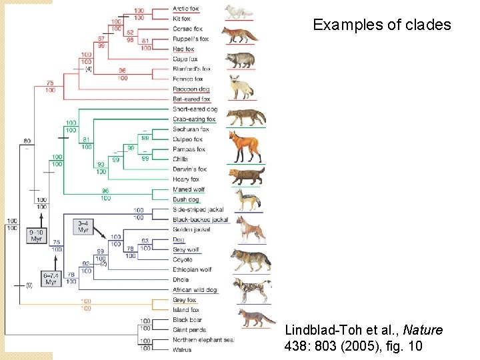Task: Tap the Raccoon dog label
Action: point(191,89)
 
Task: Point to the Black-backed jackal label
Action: point(200,219)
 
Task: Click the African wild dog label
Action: point(194,290)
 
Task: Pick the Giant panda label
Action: point(189,329)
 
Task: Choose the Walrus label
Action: point(181,349)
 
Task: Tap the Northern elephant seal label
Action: point(203,339)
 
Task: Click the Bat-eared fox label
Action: point(191,99)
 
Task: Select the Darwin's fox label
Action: point(190,169)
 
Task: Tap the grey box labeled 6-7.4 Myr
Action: point(51,278)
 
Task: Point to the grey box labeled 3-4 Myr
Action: point(83,226)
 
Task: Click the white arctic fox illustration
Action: point(239,11)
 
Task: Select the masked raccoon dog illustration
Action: point(241,59)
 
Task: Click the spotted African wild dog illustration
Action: point(251,289)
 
